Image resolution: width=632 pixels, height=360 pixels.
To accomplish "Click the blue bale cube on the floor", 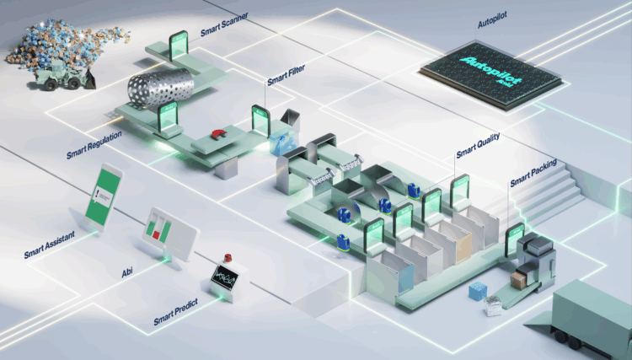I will [x=479, y=293].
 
